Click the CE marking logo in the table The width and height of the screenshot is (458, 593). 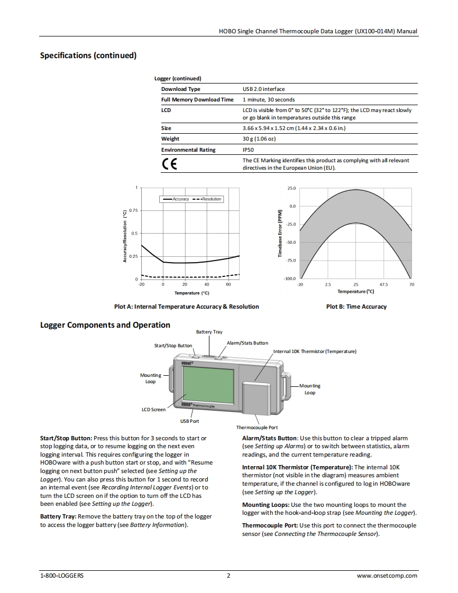point(169,164)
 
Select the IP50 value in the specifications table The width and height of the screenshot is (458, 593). point(248,150)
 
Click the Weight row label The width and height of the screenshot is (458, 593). point(170,139)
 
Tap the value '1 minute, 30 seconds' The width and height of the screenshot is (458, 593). point(269,99)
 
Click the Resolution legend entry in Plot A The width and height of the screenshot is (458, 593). point(207,199)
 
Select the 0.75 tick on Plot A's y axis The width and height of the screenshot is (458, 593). point(133,210)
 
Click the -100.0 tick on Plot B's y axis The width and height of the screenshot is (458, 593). point(289,279)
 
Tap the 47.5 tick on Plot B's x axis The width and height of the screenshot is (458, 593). point(383,284)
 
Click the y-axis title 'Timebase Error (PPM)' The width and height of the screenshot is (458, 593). point(280,234)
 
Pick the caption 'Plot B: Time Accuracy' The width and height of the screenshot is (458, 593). point(356,307)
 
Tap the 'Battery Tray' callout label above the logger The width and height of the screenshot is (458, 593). point(209,332)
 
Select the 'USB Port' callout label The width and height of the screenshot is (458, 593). point(190,421)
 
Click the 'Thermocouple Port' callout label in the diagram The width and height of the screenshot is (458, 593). point(257,428)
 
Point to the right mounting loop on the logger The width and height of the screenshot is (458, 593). point(286,385)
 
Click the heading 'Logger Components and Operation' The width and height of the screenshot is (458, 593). point(105,325)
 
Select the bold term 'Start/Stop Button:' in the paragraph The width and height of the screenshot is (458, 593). point(66,438)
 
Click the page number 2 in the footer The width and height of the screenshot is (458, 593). point(228,576)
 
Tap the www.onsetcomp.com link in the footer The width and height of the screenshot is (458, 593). point(387,576)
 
